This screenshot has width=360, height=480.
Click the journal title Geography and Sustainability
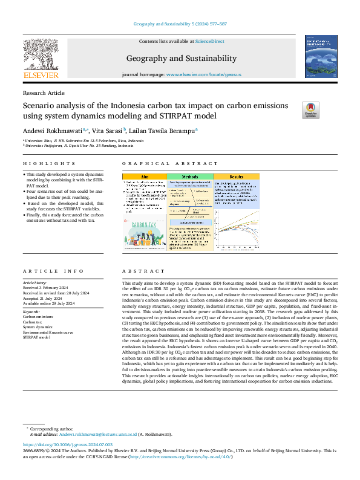181,58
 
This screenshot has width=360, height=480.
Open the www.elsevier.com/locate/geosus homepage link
202,74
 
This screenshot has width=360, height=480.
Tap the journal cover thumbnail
321,56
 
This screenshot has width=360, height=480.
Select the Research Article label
44,92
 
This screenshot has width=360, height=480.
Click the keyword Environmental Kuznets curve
48,332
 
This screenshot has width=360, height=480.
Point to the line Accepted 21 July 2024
44,298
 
